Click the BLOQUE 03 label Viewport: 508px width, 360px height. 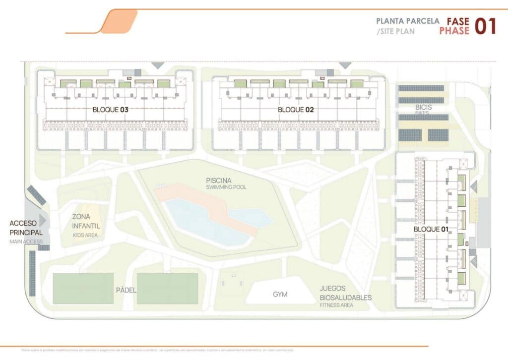(111, 110)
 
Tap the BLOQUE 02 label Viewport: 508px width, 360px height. (296, 110)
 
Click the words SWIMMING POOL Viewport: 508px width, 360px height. (226, 187)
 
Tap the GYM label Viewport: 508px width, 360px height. (280, 295)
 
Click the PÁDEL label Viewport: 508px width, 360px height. (126, 290)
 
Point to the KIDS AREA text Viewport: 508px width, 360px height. (85, 235)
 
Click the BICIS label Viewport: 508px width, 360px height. (424, 107)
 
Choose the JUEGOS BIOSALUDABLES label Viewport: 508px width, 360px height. (345, 293)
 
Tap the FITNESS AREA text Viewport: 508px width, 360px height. (336, 306)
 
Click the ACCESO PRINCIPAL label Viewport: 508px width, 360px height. (26, 228)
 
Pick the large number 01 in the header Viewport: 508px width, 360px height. (485, 26)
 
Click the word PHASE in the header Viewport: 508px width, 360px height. (454, 31)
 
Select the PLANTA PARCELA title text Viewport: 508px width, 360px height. (408, 21)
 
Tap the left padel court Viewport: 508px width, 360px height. (83, 289)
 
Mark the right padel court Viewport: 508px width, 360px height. (168, 289)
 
